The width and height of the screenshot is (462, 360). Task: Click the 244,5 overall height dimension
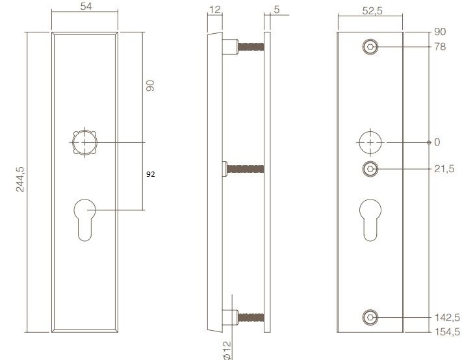click(20, 179)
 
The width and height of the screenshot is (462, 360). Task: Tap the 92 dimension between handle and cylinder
click(151, 174)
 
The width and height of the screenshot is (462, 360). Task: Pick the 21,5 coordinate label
click(444, 169)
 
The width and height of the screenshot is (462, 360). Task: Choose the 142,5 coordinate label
click(447, 318)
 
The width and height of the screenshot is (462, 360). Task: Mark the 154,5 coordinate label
click(447, 331)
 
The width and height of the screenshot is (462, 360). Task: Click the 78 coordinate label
click(440, 47)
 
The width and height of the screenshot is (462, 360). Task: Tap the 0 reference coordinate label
click(437, 142)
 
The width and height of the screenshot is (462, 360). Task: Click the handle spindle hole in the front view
click(84, 142)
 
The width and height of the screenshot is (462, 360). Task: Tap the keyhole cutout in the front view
click(84, 221)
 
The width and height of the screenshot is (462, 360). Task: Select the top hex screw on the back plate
click(370, 47)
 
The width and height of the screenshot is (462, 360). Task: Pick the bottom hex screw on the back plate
click(370, 318)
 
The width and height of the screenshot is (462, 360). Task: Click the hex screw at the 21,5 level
click(370, 169)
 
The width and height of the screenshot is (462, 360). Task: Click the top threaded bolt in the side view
click(250, 47)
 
